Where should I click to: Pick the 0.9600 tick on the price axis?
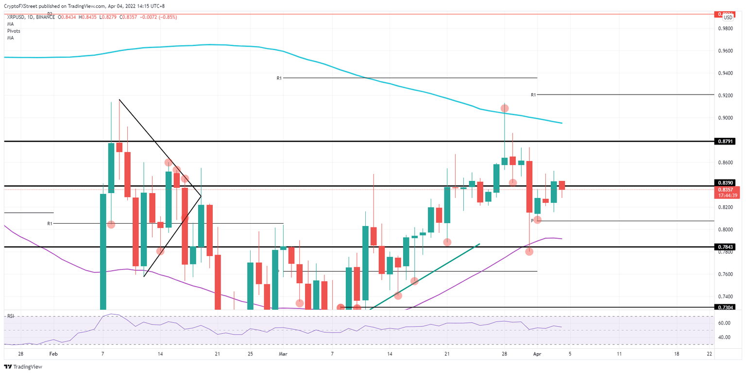[x=726, y=51]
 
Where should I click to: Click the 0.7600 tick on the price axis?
[x=726, y=274]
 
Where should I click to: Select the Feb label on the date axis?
[x=54, y=355]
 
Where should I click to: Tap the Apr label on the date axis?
[x=537, y=355]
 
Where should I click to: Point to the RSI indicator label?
[x=10, y=316]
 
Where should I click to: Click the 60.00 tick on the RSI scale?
[x=724, y=323]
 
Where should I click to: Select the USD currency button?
[x=728, y=17]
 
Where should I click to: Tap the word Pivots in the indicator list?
[x=14, y=31]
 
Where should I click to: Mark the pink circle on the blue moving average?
[x=505, y=108]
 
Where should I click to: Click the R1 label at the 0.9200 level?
[x=533, y=95]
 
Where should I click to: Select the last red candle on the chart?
[x=562, y=185]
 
